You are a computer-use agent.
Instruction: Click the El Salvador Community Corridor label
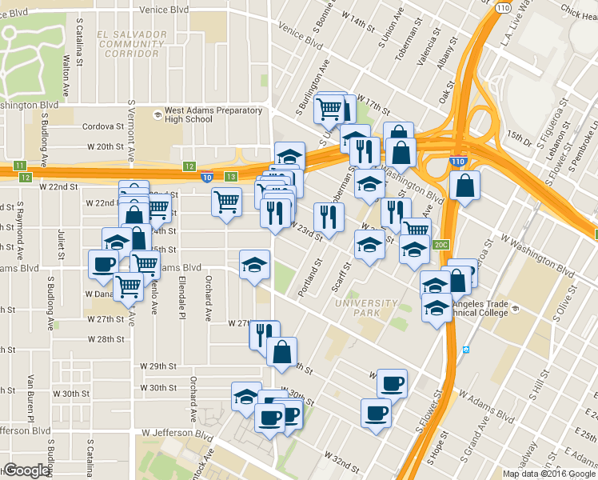click(x=130, y=44)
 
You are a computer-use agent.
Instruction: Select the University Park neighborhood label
click(x=367, y=308)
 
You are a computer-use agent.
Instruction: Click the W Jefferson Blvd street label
click(x=179, y=433)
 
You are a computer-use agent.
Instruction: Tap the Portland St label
click(x=309, y=278)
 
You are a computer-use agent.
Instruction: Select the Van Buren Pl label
click(x=30, y=398)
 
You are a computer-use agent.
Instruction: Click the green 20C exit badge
click(x=441, y=245)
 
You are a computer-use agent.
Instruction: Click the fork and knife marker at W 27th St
click(x=262, y=332)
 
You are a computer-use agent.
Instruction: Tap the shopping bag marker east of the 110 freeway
click(x=464, y=186)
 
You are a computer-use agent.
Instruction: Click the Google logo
click(x=27, y=470)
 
